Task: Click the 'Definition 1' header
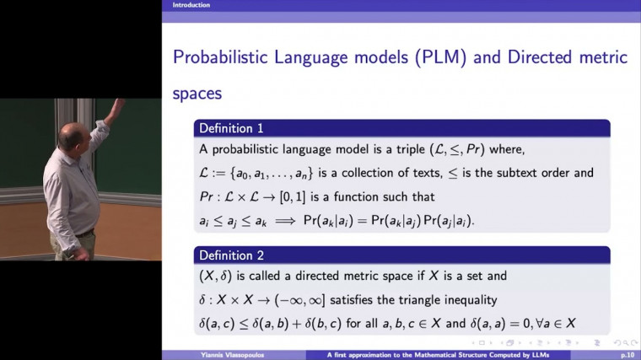230,129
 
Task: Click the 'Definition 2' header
230,255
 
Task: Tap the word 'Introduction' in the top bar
191,5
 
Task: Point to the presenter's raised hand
117,105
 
